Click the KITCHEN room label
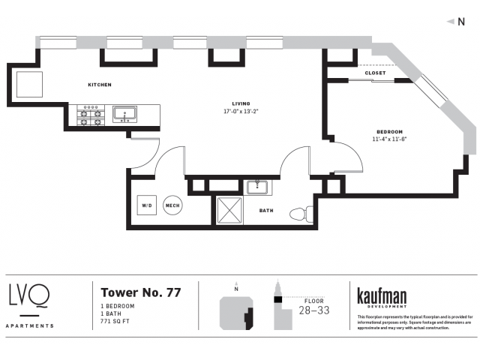(x=99, y=85)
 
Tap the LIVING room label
(x=241, y=103)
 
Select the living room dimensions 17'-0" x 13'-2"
(x=241, y=112)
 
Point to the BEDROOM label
(x=389, y=131)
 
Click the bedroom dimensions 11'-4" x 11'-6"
(x=389, y=139)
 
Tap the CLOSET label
(x=375, y=73)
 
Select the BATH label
(x=266, y=211)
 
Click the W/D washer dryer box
(x=147, y=205)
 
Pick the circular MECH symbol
(x=172, y=205)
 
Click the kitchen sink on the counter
(x=124, y=114)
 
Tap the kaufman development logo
(x=382, y=296)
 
